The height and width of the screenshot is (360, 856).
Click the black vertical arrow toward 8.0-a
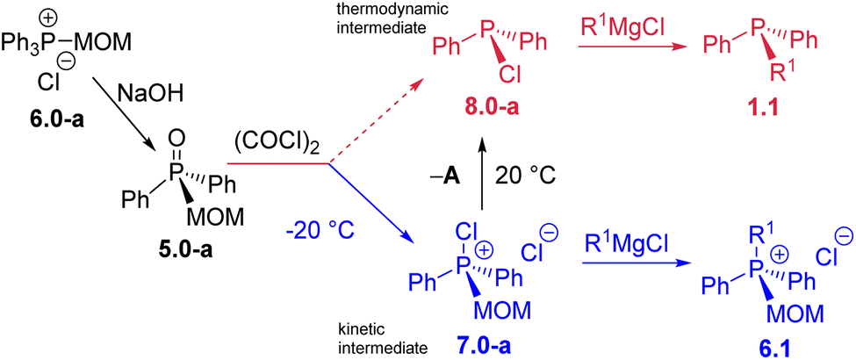[480, 176]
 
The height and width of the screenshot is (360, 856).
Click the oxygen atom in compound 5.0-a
[175, 137]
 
